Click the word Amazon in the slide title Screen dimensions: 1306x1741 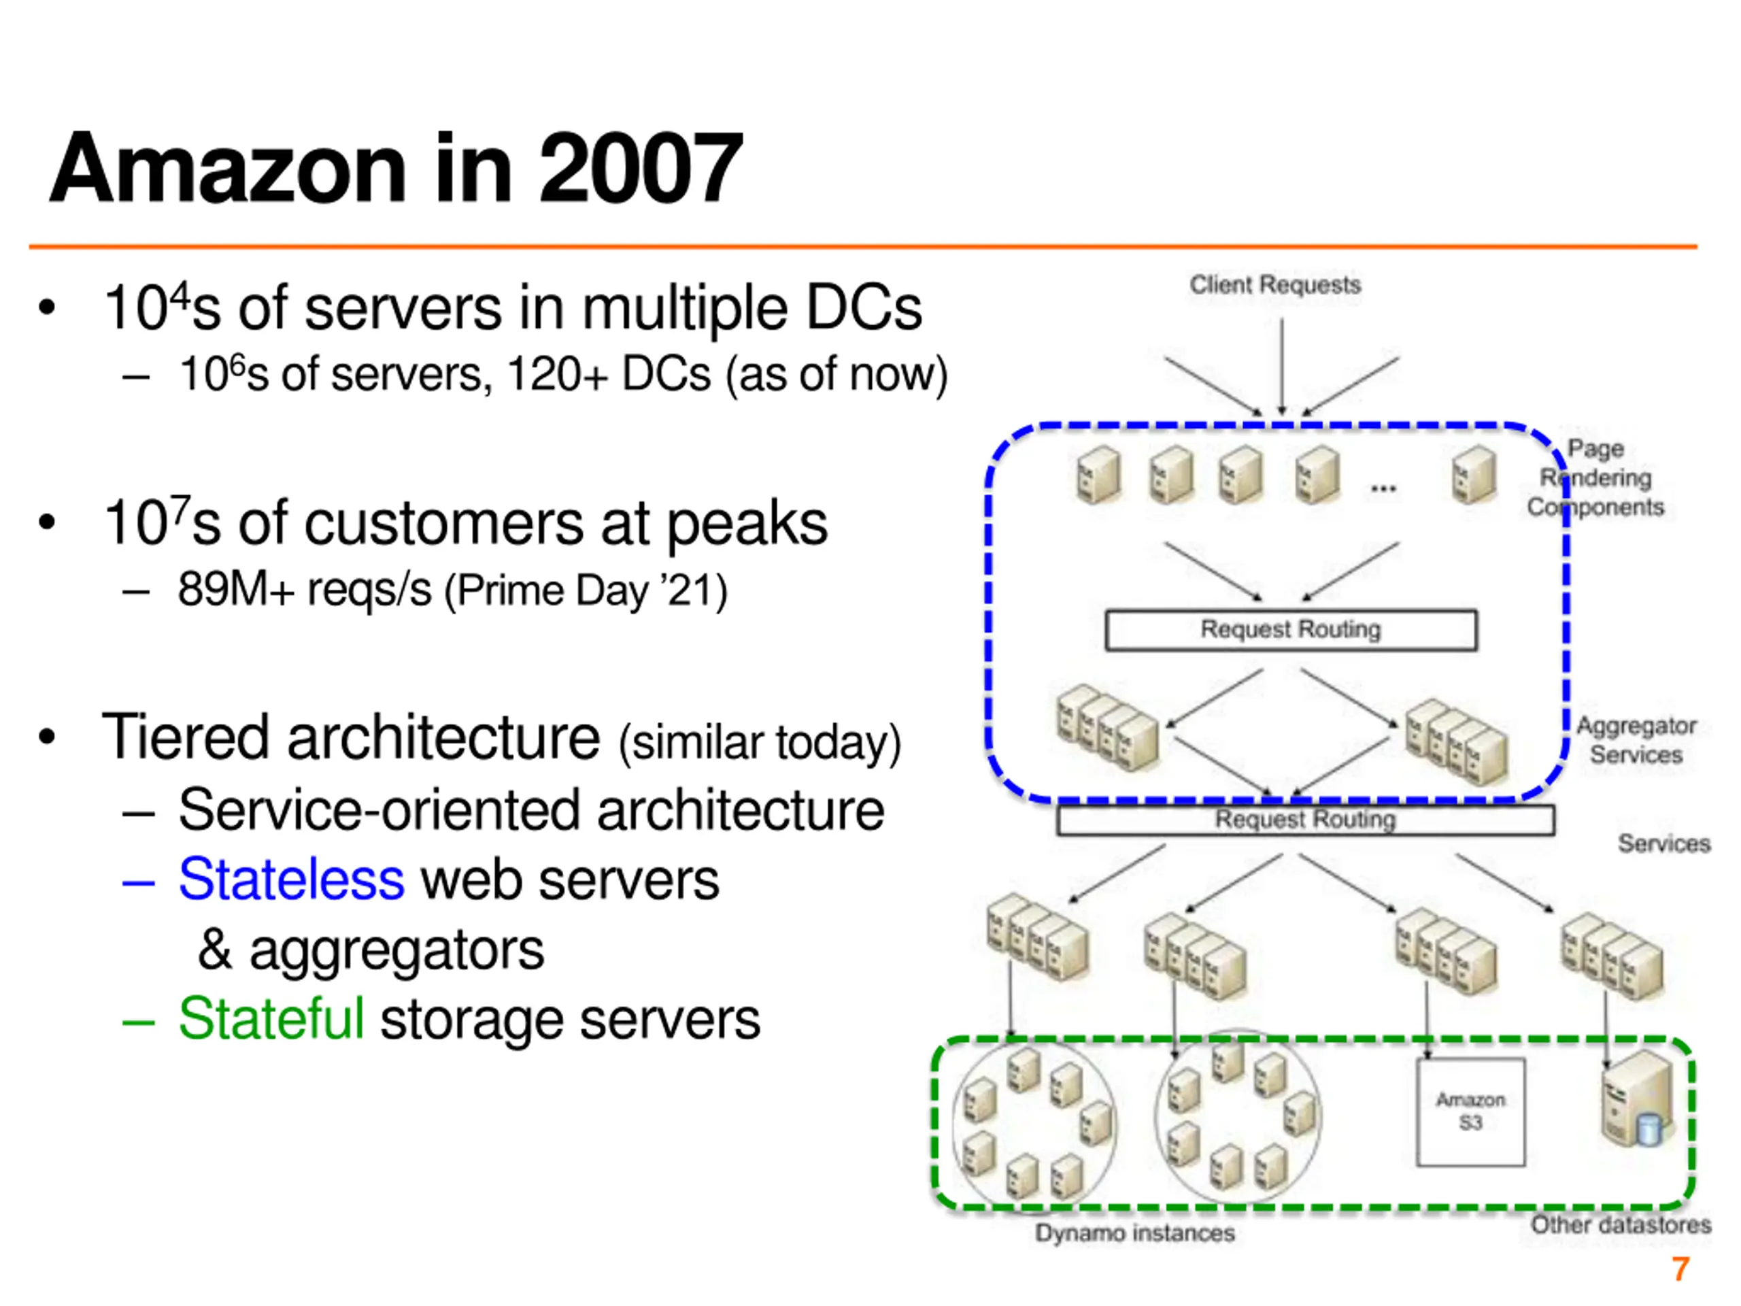pyautogui.click(x=229, y=169)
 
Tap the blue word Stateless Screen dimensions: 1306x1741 pyautogui.click(x=291, y=880)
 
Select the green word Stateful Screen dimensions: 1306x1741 pyautogui.click(x=271, y=1019)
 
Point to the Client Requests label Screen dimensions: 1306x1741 pyautogui.click(x=1274, y=285)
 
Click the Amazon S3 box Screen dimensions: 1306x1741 pyautogui.click(x=1470, y=1111)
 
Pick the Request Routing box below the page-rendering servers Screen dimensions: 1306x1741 pyautogui.click(x=1290, y=630)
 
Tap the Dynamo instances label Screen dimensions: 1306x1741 pyautogui.click(x=1134, y=1233)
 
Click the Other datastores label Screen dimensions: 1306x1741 pyautogui.click(x=1621, y=1225)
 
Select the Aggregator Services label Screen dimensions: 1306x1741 pyautogui.click(x=1636, y=740)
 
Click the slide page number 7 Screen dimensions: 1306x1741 pyautogui.click(x=1680, y=1269)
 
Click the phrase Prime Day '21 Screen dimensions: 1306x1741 pyautogui.click(x=586, y=591)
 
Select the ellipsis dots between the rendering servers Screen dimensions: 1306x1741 pyautogui.click(x=1383, y=489)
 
